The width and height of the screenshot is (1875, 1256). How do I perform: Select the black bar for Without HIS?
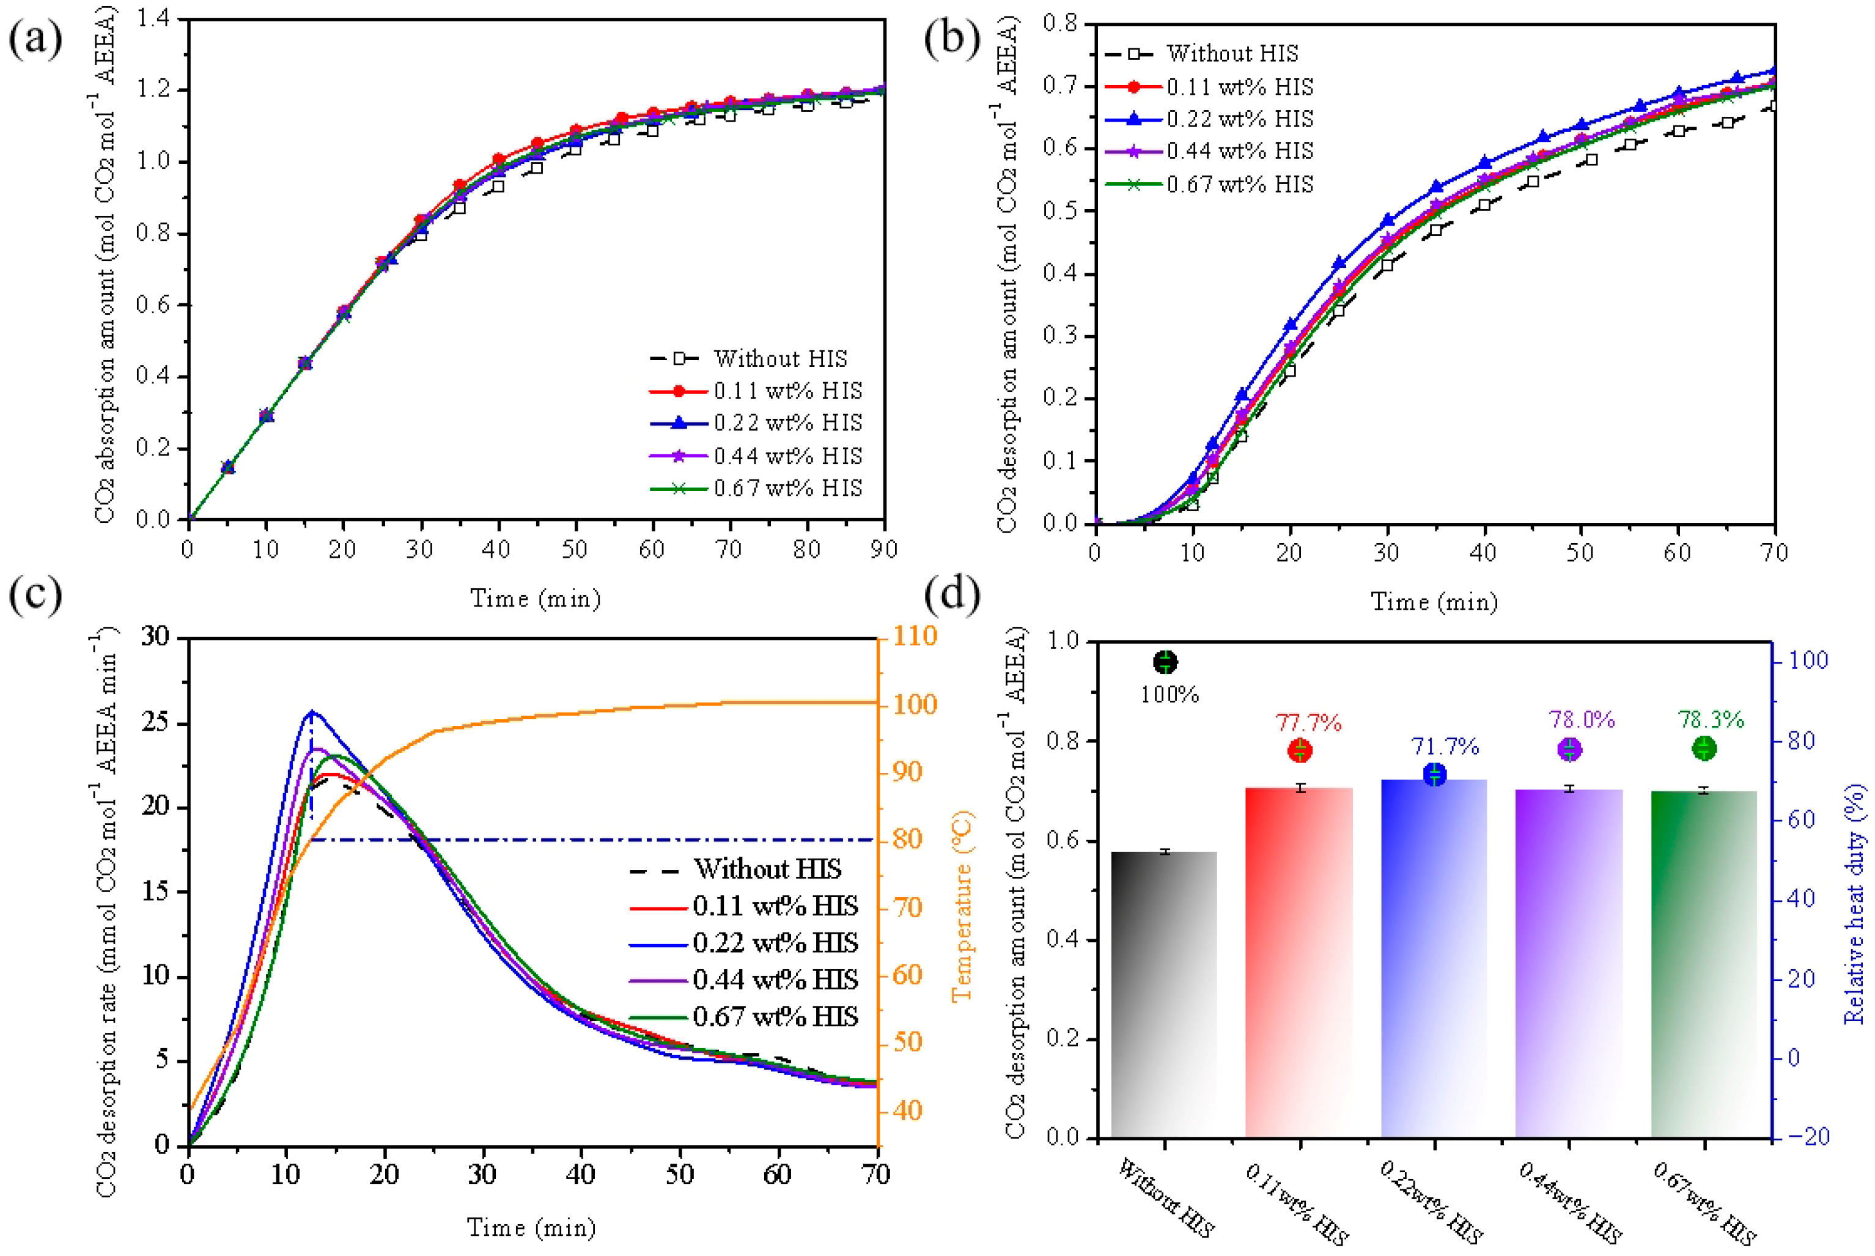[1163, 993]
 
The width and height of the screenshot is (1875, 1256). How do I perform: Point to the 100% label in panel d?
[1169, 695]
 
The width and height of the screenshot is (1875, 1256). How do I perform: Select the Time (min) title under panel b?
[1433, 602]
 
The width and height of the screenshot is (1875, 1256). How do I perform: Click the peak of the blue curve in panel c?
[311, 711]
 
